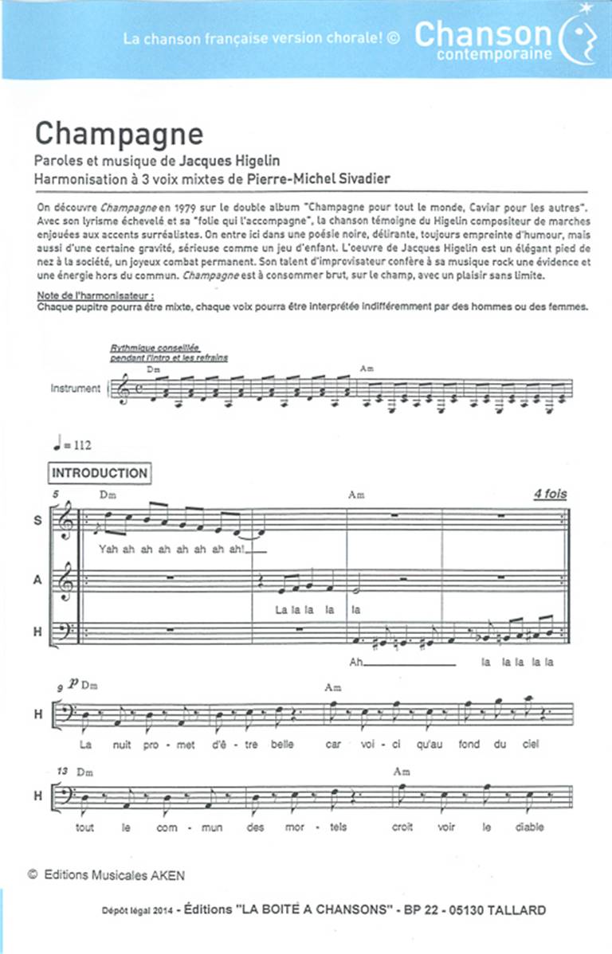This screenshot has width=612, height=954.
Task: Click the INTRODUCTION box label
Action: coord(100,473)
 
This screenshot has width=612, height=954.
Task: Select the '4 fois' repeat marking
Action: coord(550,494)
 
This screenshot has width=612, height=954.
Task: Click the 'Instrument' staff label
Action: coord(76,389)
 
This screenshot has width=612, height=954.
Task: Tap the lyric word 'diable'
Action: coord(529,827)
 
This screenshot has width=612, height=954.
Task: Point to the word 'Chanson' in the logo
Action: coord(483,34)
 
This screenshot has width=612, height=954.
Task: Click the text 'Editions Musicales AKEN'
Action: coord(112,876)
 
